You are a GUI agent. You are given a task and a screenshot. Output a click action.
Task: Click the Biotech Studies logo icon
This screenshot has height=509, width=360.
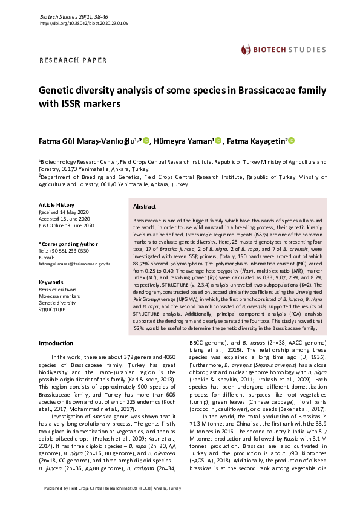click(246, 49)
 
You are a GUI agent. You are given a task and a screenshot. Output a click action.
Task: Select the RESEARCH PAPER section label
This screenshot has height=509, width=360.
click(73, 60)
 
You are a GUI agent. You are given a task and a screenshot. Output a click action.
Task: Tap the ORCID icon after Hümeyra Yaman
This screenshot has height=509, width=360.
click(218, 141)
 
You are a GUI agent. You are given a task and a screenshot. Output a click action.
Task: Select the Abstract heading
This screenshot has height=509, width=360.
click(144, 206)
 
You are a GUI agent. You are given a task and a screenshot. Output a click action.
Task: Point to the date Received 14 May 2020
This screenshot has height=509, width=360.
click(64, 212)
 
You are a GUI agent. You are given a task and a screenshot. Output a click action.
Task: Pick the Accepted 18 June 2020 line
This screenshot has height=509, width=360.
click(64, 219)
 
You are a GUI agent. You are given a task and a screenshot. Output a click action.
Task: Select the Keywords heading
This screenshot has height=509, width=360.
click(51, 282)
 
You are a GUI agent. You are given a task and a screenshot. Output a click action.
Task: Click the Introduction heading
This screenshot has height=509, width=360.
click(56, 343)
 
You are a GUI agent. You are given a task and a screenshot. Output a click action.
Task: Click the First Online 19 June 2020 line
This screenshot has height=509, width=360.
click(66, 225)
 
